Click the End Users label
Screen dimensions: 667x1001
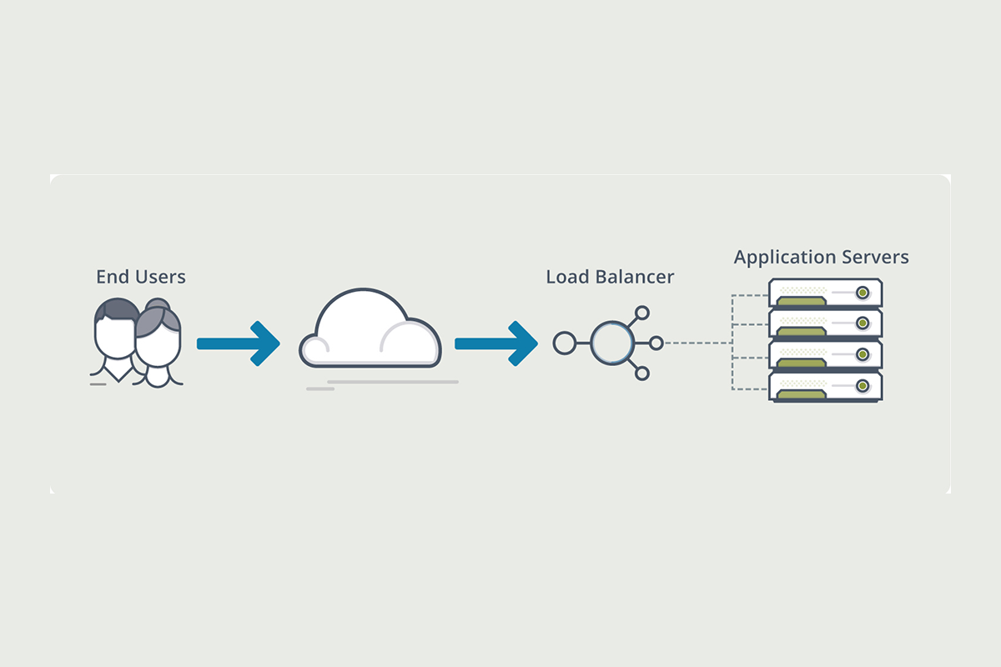pyautogui.click(x=140, y=276)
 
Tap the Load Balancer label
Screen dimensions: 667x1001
pyautogui.click(x=610, y=276)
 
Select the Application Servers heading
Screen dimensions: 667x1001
pyautogui.click(x=821, y=257)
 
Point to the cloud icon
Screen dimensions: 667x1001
pyautogui.click(x=370, y=331)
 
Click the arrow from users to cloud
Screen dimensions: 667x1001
pyautogui.click(x=237, y=343)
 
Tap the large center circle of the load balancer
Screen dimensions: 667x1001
pyautogui.click(x=613, y=343)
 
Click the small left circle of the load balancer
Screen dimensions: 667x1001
pyautogui.click(x=564, y=343)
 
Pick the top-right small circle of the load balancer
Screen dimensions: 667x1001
pyautogui.click(x=641, y=313)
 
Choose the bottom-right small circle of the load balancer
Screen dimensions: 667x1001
pyautogui.click(x=641, y=373)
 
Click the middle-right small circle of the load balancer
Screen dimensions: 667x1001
pyautogui.click(x=656, y=343)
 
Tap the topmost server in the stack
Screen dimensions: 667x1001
pyautogui.click(x=824, y=293)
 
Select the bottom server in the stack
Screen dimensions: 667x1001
pyautogui.click(x=824, y=387)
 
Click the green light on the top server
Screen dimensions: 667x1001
pyautogui.click(x=863, y=293)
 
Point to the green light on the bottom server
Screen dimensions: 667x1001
pyautogui.click(x=863, y=386)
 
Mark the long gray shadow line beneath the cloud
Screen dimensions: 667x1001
pyautogui.click(x=392, y=382)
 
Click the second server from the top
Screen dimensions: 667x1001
pyautogui.click(x=824, y=323)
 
